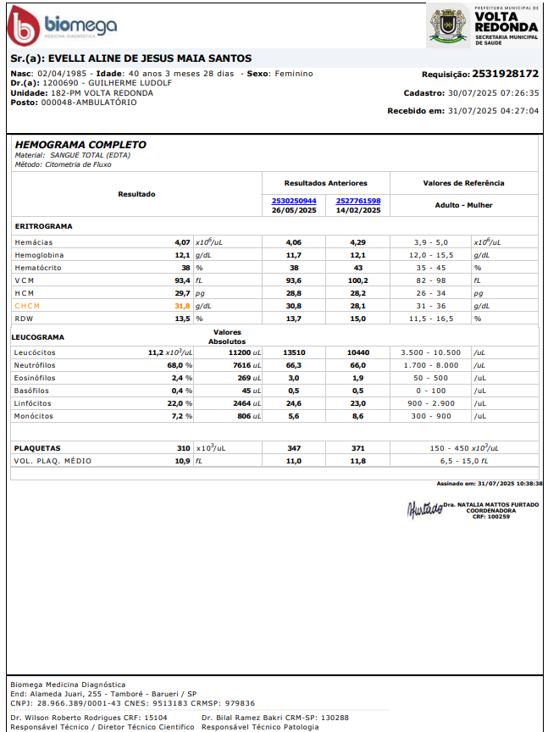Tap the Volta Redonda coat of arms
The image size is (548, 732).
click(x=448, y=25)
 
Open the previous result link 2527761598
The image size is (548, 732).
click(x=358, y=201)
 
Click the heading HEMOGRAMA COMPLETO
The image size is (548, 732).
click(x=80, y=145)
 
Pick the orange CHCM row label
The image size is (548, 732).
click(x=27, y=306)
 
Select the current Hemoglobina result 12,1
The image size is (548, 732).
click(x=182, y=255)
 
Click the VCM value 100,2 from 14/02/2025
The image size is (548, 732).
click(x=358, y=280)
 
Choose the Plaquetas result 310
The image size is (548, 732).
click(x=183, y=448)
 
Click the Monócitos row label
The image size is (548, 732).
click(x=35, y=417)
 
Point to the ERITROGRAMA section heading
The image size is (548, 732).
click(x=43, y=227)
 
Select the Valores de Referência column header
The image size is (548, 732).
click(x=463, y=182)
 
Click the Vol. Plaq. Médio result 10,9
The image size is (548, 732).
click(x=182, y=462)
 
